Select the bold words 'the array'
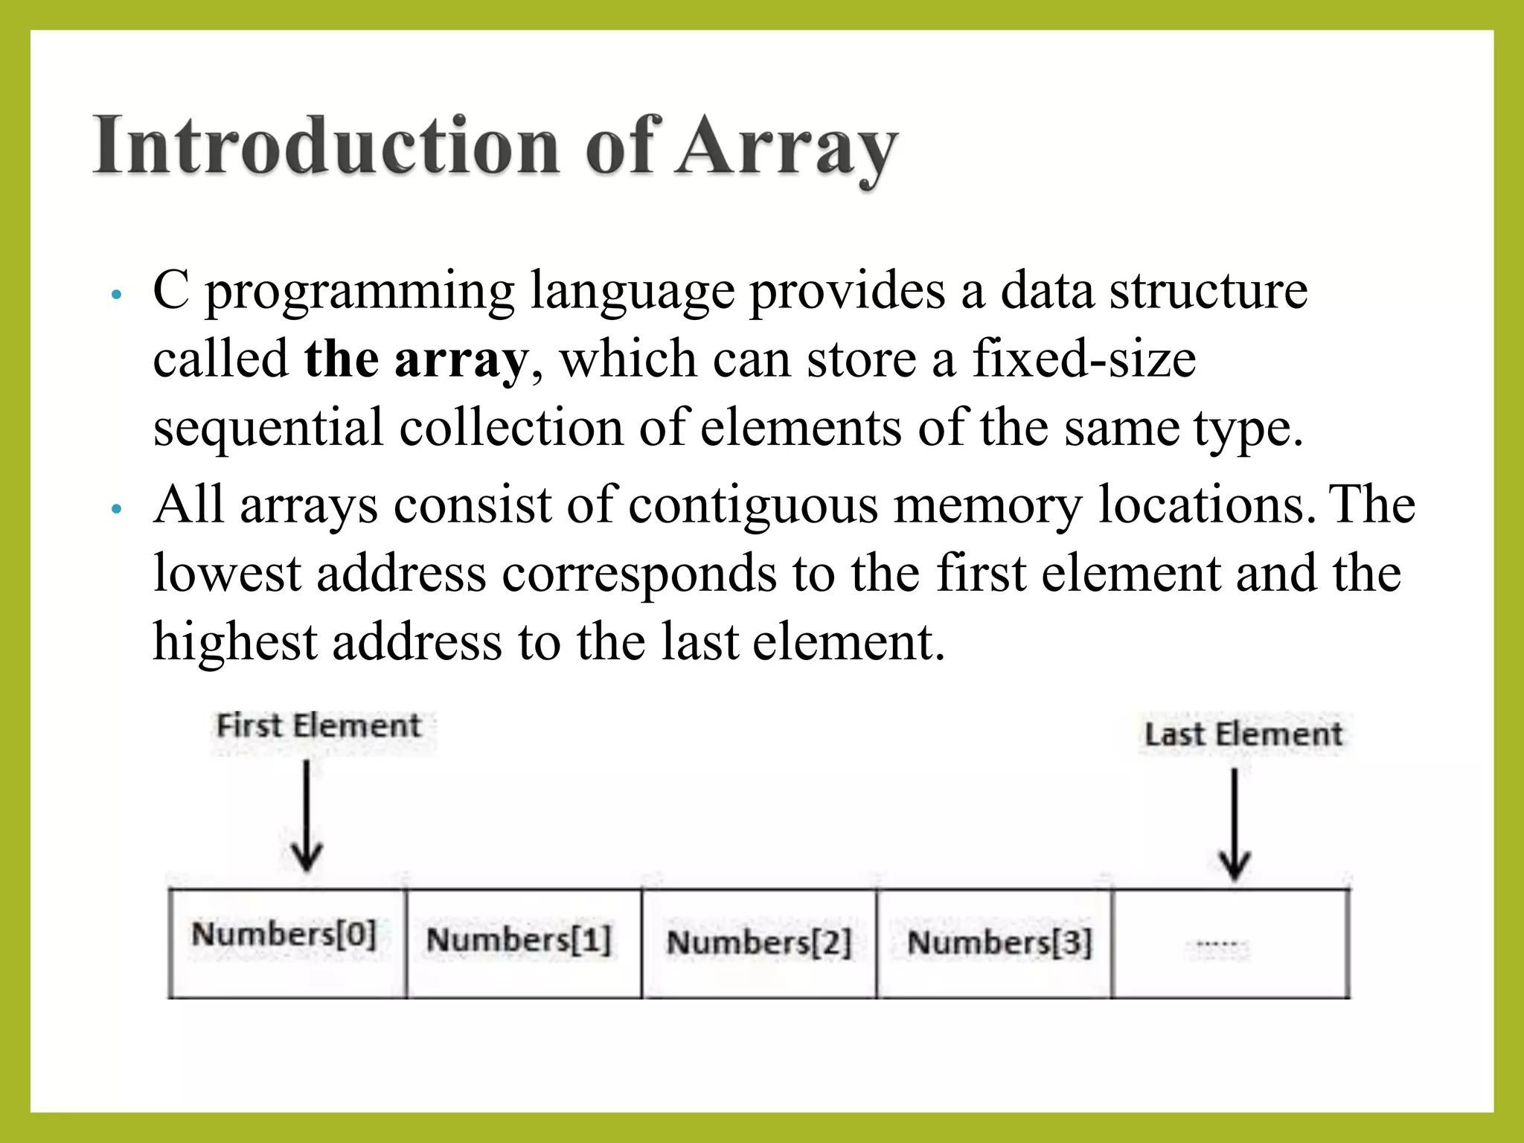[x=415, y=359]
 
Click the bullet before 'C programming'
[x=115, y=295]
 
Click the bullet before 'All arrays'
[x=115, y=510]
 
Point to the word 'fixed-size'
[x=1083, y=359]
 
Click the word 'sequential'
[x=268, y=429]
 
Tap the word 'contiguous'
[x=752, y=505]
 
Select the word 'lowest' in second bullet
[x=226, y=573]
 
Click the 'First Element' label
[x=318, y=726]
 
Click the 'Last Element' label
[x=1243, y=734]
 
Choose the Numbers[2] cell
[x=758, y=944]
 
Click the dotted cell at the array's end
[x=1230, y=944]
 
